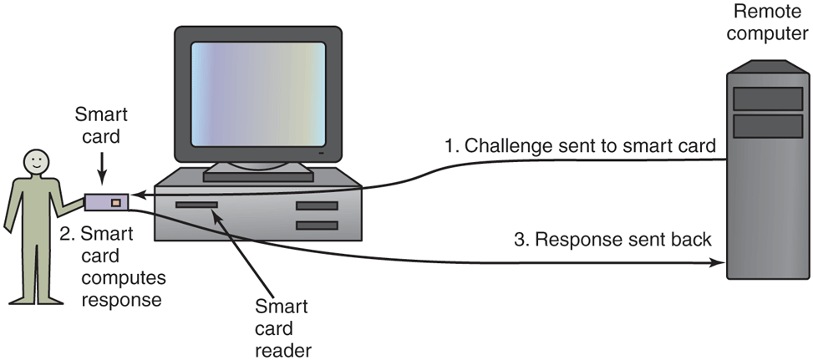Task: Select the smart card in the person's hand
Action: pyautogui.click(x=106, y=202)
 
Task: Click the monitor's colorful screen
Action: pyautogui.click(x=257, y=95)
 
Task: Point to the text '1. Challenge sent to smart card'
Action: pyautogui.click(x=580, y=146)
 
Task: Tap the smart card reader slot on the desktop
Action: pyautogui.click(x=196, y=205)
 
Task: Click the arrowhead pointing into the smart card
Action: pyautogui.click(x=136, y=196)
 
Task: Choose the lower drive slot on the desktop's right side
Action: pyautogui.click(x=317, y=226)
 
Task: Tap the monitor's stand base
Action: pyautogui.click(x=258, y=175)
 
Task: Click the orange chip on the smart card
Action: pyautogui.click(x=115, y=202)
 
